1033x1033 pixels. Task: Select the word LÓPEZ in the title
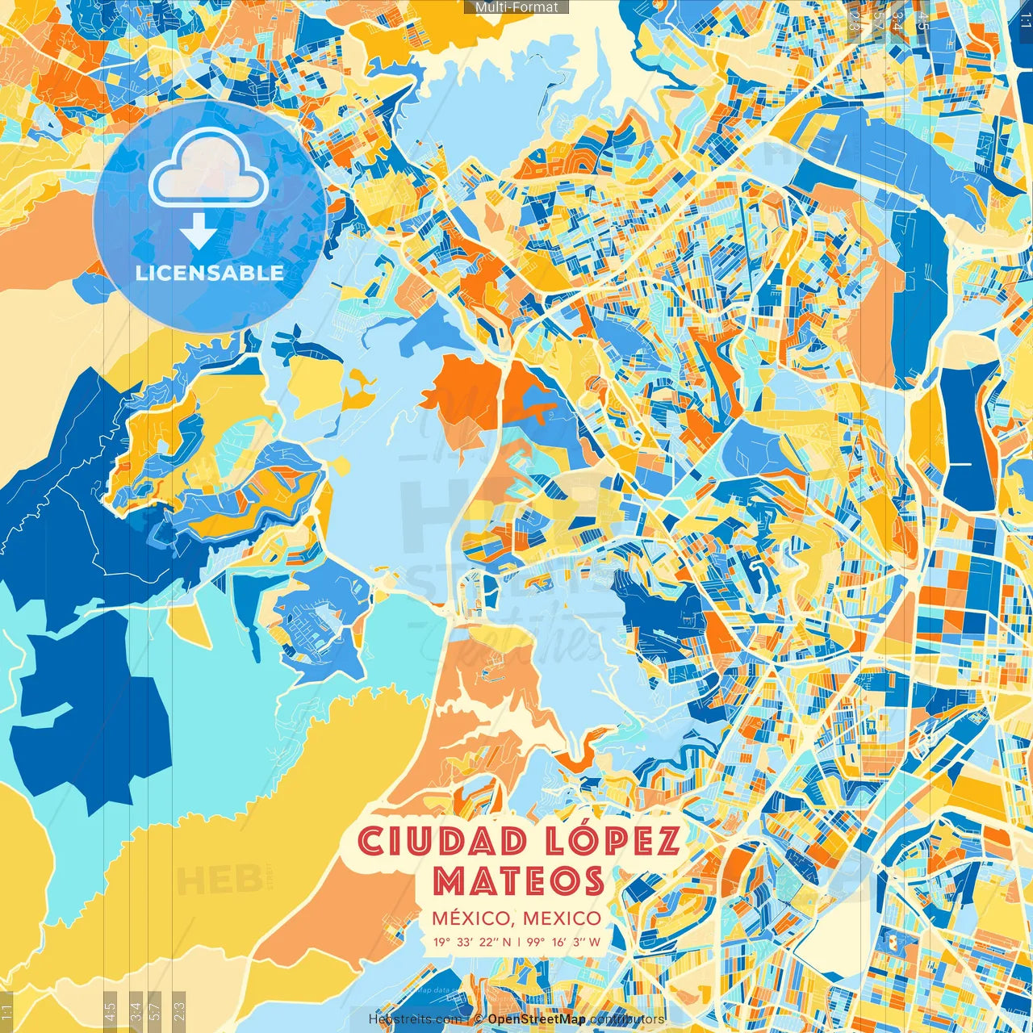[614, 841]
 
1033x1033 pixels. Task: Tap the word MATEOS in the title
[519, 880]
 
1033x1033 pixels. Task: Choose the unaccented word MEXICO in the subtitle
[562, 918]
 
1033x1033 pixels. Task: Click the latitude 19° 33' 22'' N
[472, 941]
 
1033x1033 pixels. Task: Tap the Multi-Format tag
[516, 7]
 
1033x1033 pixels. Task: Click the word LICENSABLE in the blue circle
[209, 273]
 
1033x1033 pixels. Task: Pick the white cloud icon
[209, 168]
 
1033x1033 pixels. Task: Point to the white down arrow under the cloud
[199, 232]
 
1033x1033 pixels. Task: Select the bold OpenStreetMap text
[537, 1019]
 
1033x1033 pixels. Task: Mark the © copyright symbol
[479, 1019]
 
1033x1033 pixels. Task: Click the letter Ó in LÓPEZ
[575, 839]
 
